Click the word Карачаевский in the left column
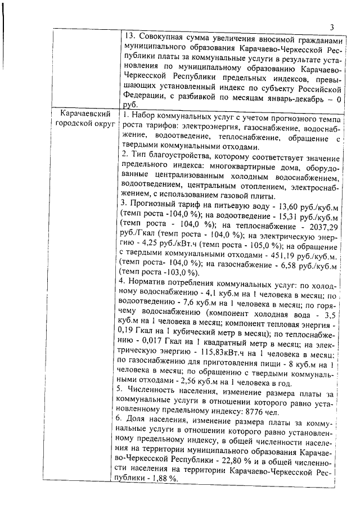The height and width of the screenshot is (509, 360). pyautogui.click(x=85, y=114)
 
